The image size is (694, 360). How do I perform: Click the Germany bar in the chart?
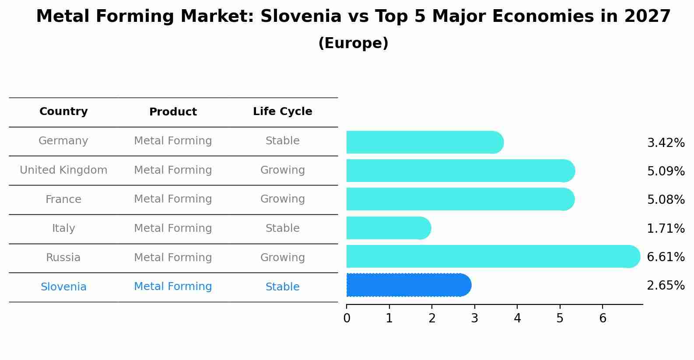(x=424, y=142)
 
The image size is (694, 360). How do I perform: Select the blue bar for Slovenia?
(x=408, y=285)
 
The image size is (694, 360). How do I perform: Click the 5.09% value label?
(x=666, y=171)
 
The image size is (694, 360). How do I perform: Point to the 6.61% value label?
(x=666, y=257)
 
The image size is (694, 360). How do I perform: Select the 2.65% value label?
(x=666, y=286)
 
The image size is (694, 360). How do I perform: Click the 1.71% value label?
(x=666, y=228)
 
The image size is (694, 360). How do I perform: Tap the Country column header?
(x=63, y=112)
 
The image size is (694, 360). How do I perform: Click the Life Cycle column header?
(x=282, y=112)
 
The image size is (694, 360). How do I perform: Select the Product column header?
(x=173, y=112)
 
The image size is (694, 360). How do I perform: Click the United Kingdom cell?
(x=63, y=170)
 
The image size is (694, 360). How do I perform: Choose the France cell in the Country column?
(x=63, y=199)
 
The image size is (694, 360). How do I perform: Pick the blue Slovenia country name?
(x=63, y=287)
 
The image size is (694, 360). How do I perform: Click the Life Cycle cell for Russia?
(x=282, y=258)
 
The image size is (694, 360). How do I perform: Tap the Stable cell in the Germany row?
(x=282, y=141)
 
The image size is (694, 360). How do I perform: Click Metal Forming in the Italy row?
(x=173, y=228)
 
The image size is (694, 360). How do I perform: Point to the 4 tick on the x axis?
(x=517, y=318)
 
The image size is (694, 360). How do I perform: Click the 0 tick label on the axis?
(x=347, y=318)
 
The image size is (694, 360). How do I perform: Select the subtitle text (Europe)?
(x=353, y=43)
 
